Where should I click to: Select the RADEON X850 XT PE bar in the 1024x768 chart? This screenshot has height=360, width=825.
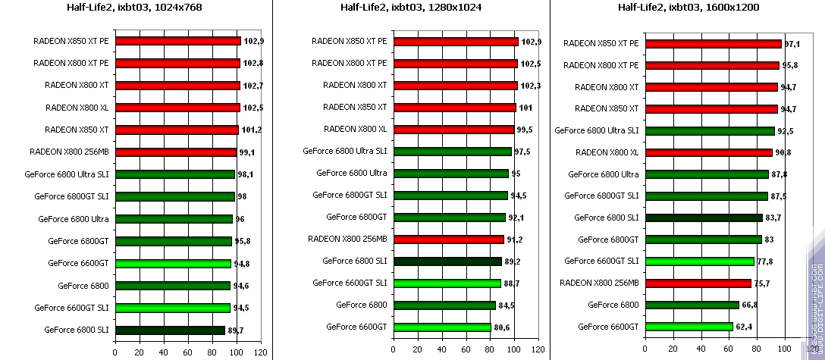coord(177,41)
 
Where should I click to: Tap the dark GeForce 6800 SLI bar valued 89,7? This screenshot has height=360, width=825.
coord(170,330)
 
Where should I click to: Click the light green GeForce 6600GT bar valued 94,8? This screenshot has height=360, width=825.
coord(173,264)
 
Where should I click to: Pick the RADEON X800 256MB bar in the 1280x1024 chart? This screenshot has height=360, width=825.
coord(448,239)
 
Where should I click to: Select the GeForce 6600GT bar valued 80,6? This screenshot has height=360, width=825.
coord(442,327)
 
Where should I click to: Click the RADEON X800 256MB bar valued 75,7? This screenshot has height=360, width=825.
coord(698,283)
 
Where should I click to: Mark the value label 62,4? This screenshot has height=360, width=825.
coord(744,327)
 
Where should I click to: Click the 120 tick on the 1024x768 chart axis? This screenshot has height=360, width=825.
coord(262,352)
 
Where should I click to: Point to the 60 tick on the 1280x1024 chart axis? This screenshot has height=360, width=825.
coord(466,352)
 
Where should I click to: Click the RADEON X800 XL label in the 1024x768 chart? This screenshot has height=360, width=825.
coord(77,108)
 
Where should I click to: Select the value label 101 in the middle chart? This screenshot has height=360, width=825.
coord(524,108)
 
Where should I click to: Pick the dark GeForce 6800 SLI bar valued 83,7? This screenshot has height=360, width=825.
coord(703,218)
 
